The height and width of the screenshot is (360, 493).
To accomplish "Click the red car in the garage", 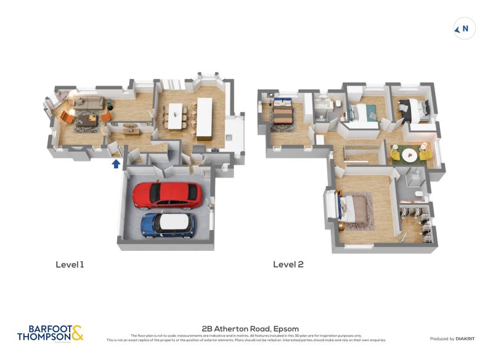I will [167, 194].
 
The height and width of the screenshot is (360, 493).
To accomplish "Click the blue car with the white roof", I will [168, 224].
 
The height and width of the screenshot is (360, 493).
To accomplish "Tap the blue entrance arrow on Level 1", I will [116, 163].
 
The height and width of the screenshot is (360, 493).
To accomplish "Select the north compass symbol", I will [464, 28].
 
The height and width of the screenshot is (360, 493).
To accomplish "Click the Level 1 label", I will [70, 264].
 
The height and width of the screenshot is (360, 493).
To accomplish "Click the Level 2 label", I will [288, 264].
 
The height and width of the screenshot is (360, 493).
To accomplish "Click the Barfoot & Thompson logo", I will [50, 333].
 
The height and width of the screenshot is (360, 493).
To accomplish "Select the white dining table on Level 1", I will [176, 116].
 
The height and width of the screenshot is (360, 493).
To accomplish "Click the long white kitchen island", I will [205, 117].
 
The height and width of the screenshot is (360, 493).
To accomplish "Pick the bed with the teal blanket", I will [361, 113].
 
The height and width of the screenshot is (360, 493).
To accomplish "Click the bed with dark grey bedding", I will [411, 108].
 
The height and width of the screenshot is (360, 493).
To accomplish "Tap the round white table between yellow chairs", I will [410, 153].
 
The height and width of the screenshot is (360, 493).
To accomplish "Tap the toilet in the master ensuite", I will [418, 195].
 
